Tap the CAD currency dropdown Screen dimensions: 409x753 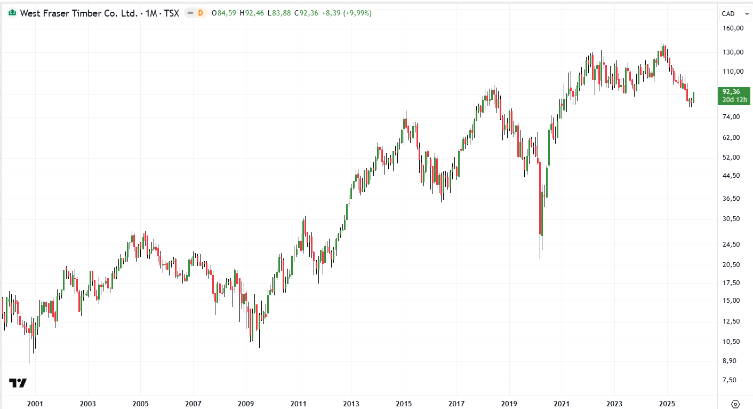732,13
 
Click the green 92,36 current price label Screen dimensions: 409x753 731,91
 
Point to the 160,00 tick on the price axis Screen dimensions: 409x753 733,28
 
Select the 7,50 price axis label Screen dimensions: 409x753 733,380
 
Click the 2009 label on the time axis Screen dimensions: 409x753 245,404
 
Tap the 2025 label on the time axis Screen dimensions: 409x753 666,404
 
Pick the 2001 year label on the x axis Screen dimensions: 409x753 35,404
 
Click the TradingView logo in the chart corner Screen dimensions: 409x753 18,383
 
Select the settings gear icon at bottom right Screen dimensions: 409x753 736,404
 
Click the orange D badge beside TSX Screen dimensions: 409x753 201,13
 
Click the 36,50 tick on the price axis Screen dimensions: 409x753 733,198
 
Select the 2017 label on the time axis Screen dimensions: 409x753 456,404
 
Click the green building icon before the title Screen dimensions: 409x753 12,13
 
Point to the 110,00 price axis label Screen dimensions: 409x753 733,72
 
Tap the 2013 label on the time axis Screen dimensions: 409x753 351,404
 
